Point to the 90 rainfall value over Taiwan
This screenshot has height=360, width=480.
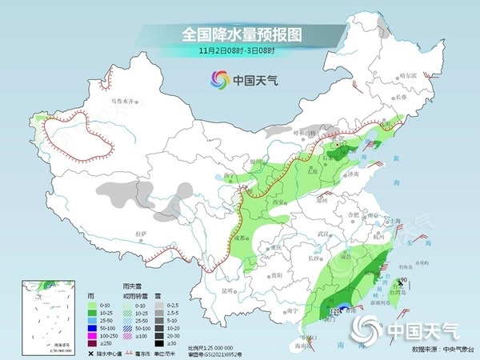[x=403, y=279]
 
